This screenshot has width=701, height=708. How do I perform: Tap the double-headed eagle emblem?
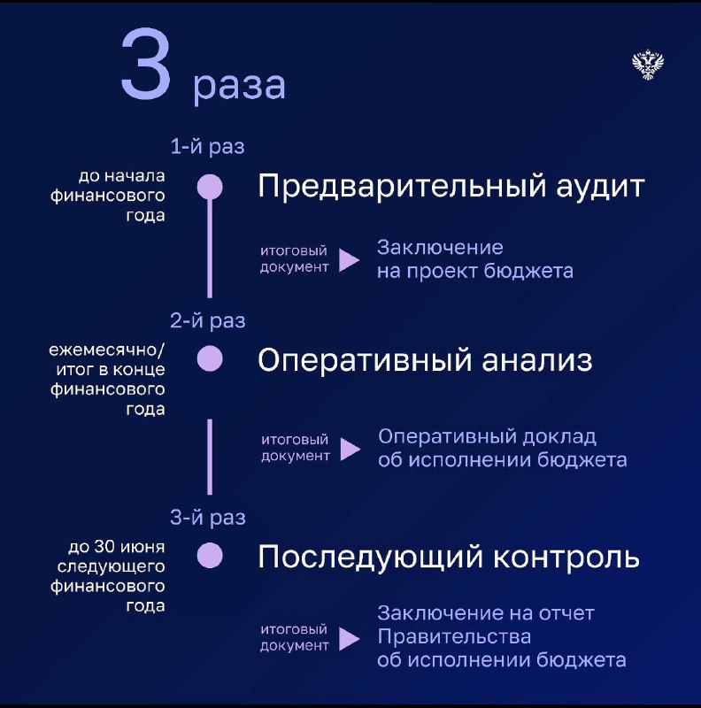[x=648, y=65]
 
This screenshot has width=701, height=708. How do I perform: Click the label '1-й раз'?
[x=207, y=147]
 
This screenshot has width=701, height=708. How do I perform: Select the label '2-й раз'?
[x=208, y=320]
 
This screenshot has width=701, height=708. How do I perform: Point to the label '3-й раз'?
[x=208, y=518]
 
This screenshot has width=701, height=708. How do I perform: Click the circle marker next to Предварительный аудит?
[x=210, y=187]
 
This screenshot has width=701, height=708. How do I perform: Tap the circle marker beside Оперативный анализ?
[x=210, y=359]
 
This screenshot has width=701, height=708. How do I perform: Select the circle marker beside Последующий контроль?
[x=210, y=556]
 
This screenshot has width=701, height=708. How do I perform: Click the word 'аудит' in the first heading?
[x=600, y=187]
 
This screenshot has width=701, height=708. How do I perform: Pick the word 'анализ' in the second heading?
[x=537, y=360]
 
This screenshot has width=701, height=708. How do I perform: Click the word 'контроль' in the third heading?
[x=566, y=557]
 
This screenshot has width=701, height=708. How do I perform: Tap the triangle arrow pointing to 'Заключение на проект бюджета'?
[x=349, y=259]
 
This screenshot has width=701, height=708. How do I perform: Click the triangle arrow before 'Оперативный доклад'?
[x=350, y=449]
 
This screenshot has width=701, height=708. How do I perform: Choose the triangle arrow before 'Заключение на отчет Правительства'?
[x=349, y=638]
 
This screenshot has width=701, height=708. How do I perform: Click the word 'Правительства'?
[x=454, y=637]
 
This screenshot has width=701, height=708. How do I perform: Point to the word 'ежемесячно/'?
[x=107, y=350]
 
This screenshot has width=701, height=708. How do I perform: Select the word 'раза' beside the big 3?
[x=239, y=86]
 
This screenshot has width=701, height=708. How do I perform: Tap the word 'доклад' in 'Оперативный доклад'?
[x=559, y=437]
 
